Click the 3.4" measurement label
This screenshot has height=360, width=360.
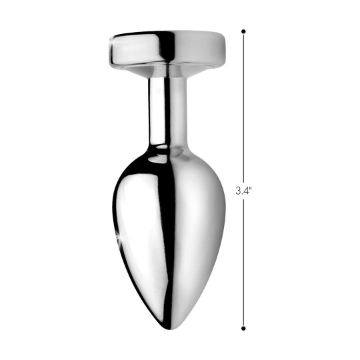[x=244, y=190]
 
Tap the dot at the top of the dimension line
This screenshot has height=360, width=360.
[x=243, y=31]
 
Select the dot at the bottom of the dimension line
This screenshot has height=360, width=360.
[x=243, y=327]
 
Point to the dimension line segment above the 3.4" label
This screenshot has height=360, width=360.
[x=243, y=107]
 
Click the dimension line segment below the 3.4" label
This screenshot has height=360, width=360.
[x=243, y=260]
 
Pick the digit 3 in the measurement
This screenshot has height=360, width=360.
[x=238, y=190]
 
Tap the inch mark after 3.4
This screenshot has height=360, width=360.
[x=251, y=188]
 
